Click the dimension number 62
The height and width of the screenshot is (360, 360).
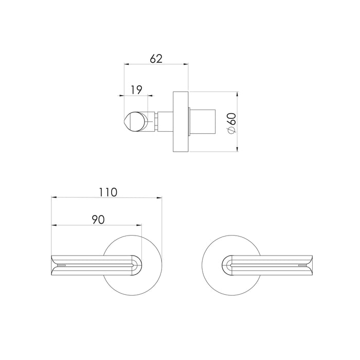pyautogui.click(x=156, y=59)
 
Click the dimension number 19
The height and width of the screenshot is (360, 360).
pyautogui.click(x=136, y=89)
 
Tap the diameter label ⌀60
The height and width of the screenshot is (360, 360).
pyautogui.click(x=232, y=122)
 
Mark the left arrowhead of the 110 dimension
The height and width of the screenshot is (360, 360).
pyautogui.click(x=54, y=197)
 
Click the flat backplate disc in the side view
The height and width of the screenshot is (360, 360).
pyautogui.click(x=181, y=122)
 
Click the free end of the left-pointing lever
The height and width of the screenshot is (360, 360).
pyautogui.click(x=55, y=264)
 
